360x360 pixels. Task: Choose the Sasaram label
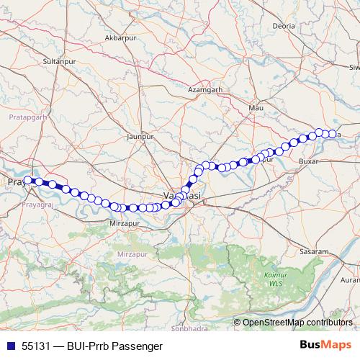coord(315,252)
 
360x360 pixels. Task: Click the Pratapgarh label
coord(27,115)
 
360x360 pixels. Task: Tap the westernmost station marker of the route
coord(28,181)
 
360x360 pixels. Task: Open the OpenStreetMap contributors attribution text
coord(297,322)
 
